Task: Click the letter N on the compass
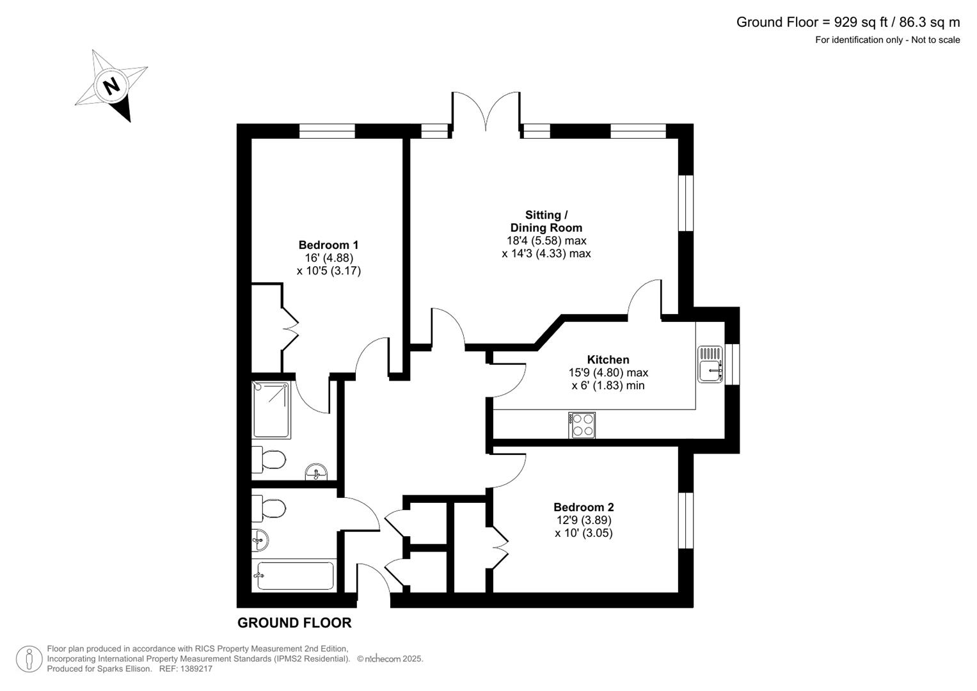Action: pos(112,85)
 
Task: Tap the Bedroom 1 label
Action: pos(328,245)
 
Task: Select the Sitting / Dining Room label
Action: pos(546,221)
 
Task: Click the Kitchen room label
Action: pos(608,360)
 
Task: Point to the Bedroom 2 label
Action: pos(584,507)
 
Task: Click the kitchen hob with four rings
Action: pos(582,425)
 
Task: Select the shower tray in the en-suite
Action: pos(272,409)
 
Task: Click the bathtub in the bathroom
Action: pos(295,576)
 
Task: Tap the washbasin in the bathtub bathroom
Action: pos(260,541)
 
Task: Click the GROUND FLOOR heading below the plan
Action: pos(294,623)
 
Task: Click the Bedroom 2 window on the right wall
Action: pos(686,520)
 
